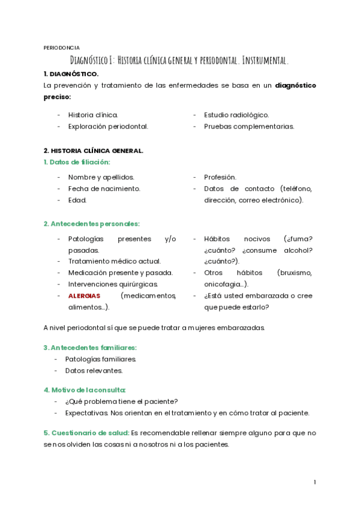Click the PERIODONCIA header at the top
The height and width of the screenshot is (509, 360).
click(x=61, y=47)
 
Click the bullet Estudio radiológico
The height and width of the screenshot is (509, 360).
click(x=236, y=115)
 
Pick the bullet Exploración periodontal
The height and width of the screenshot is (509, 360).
click(x=108, y=127)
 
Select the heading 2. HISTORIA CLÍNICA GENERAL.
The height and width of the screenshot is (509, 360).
click(x=93, y=151)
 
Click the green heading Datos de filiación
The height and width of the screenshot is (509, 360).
click(x=77, y=162)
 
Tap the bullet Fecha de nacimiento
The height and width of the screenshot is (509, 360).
click(x=104, y=188)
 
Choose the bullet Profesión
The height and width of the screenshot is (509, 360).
click(x=220, y=177)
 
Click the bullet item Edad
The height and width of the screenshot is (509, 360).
click(x=77, y=200)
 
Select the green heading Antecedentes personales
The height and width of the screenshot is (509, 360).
click(x=91, y=224)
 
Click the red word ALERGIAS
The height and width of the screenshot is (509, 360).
click(x=84, y=296)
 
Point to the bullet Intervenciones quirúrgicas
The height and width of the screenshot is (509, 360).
click(x=113, y=284)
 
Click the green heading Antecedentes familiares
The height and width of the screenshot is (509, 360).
click(x=90, y=348)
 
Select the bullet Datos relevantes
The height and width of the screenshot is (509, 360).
click(x=94, y=370)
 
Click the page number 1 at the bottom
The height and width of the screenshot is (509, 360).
click(x=314, y=482)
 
